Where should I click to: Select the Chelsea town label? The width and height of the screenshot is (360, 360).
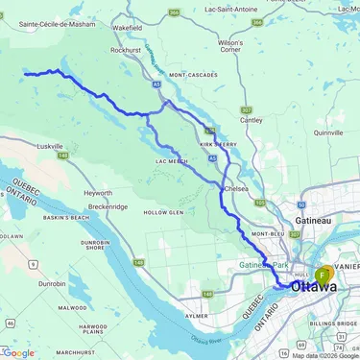237,189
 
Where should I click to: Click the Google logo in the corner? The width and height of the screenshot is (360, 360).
19,352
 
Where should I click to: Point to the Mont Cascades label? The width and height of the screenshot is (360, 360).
190,75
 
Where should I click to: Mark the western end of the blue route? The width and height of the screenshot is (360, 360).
25,73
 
